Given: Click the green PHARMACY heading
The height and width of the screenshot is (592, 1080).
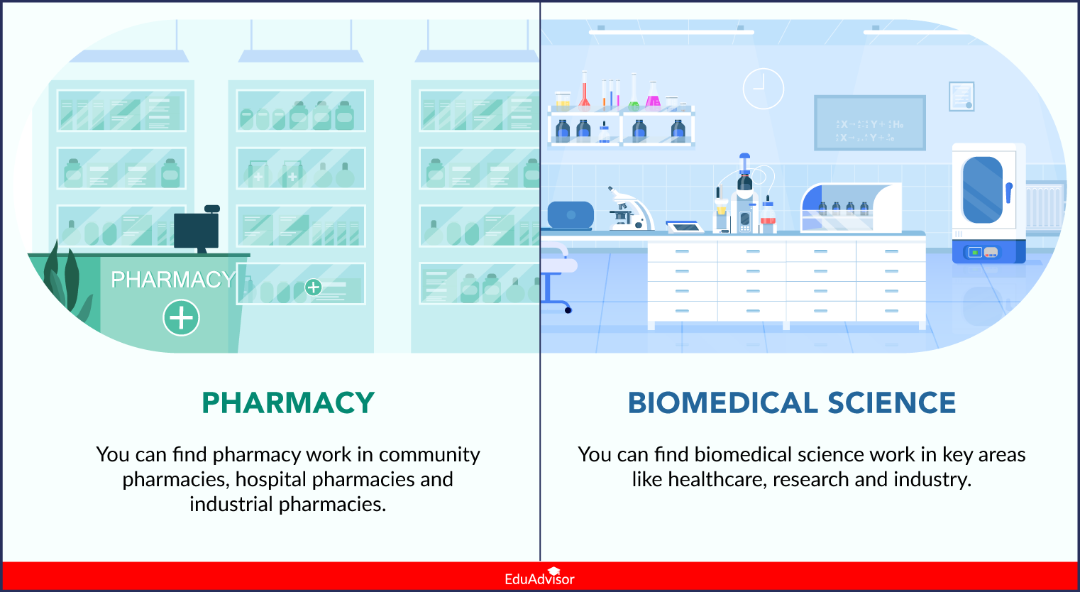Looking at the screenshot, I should point(288,402).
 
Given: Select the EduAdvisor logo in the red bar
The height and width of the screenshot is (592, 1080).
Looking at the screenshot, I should point(539,577).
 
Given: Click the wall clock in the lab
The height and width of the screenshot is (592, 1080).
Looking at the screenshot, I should point(763,89).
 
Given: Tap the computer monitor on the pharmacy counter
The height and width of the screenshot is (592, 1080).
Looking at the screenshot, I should point(197,231).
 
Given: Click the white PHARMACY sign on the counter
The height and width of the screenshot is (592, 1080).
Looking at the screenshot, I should point(172,280).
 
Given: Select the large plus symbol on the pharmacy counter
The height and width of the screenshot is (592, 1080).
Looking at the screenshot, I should point(182,317).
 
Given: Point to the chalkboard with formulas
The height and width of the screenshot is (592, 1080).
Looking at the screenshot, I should point(870,124).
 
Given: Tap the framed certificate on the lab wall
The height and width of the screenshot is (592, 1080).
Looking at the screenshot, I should point(961,97).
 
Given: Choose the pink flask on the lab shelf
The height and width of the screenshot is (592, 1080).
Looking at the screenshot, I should point(653,97).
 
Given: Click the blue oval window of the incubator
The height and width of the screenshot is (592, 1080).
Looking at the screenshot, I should point(982,190).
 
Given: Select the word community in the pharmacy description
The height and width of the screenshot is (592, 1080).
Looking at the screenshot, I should point(429,454).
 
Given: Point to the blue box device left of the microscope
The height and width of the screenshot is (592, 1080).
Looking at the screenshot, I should point(571,215).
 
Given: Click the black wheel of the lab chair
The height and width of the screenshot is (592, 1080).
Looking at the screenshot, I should point(568,310).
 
